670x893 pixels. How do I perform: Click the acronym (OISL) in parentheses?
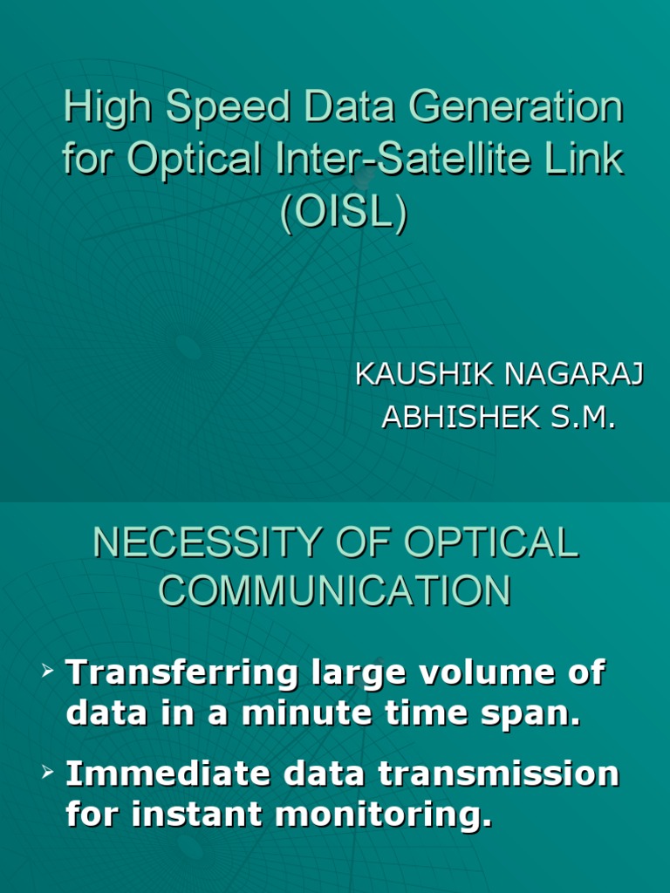pos(343,214)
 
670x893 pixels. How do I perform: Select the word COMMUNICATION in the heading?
pos(334,592)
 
